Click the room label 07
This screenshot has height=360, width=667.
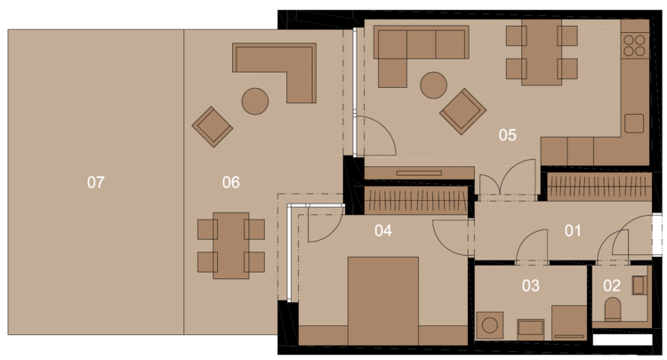[x=96, y=182]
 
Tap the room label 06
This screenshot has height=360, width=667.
[x=231, y=182]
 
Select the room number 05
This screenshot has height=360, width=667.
[x=508, y=135]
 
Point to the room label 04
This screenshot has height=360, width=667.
[x=383, y=231]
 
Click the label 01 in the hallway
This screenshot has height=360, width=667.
[x=573, y=231]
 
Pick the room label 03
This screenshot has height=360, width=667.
[x=531, y=285]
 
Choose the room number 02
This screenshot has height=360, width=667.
[x=612, y=285]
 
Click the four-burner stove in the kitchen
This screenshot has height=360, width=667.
[x=634, y=46]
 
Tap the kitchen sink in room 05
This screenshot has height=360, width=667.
[x=634, y=124]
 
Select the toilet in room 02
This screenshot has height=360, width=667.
[x=613, y=309]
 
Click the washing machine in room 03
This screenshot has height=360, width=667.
[x=490, y=325]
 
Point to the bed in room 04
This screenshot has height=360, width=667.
[x=382, y=301]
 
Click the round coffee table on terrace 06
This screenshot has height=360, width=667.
[x=255, y=101]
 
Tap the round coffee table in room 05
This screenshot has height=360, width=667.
[x=433, y=85]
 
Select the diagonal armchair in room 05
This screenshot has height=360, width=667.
[x=462, y=111]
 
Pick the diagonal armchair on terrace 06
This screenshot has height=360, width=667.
[x=213, y=126]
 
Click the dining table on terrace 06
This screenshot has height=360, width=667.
[x=231, y=245]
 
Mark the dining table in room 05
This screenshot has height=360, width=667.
[x=542, y=52]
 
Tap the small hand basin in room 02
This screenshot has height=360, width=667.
[x=639, y=285]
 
